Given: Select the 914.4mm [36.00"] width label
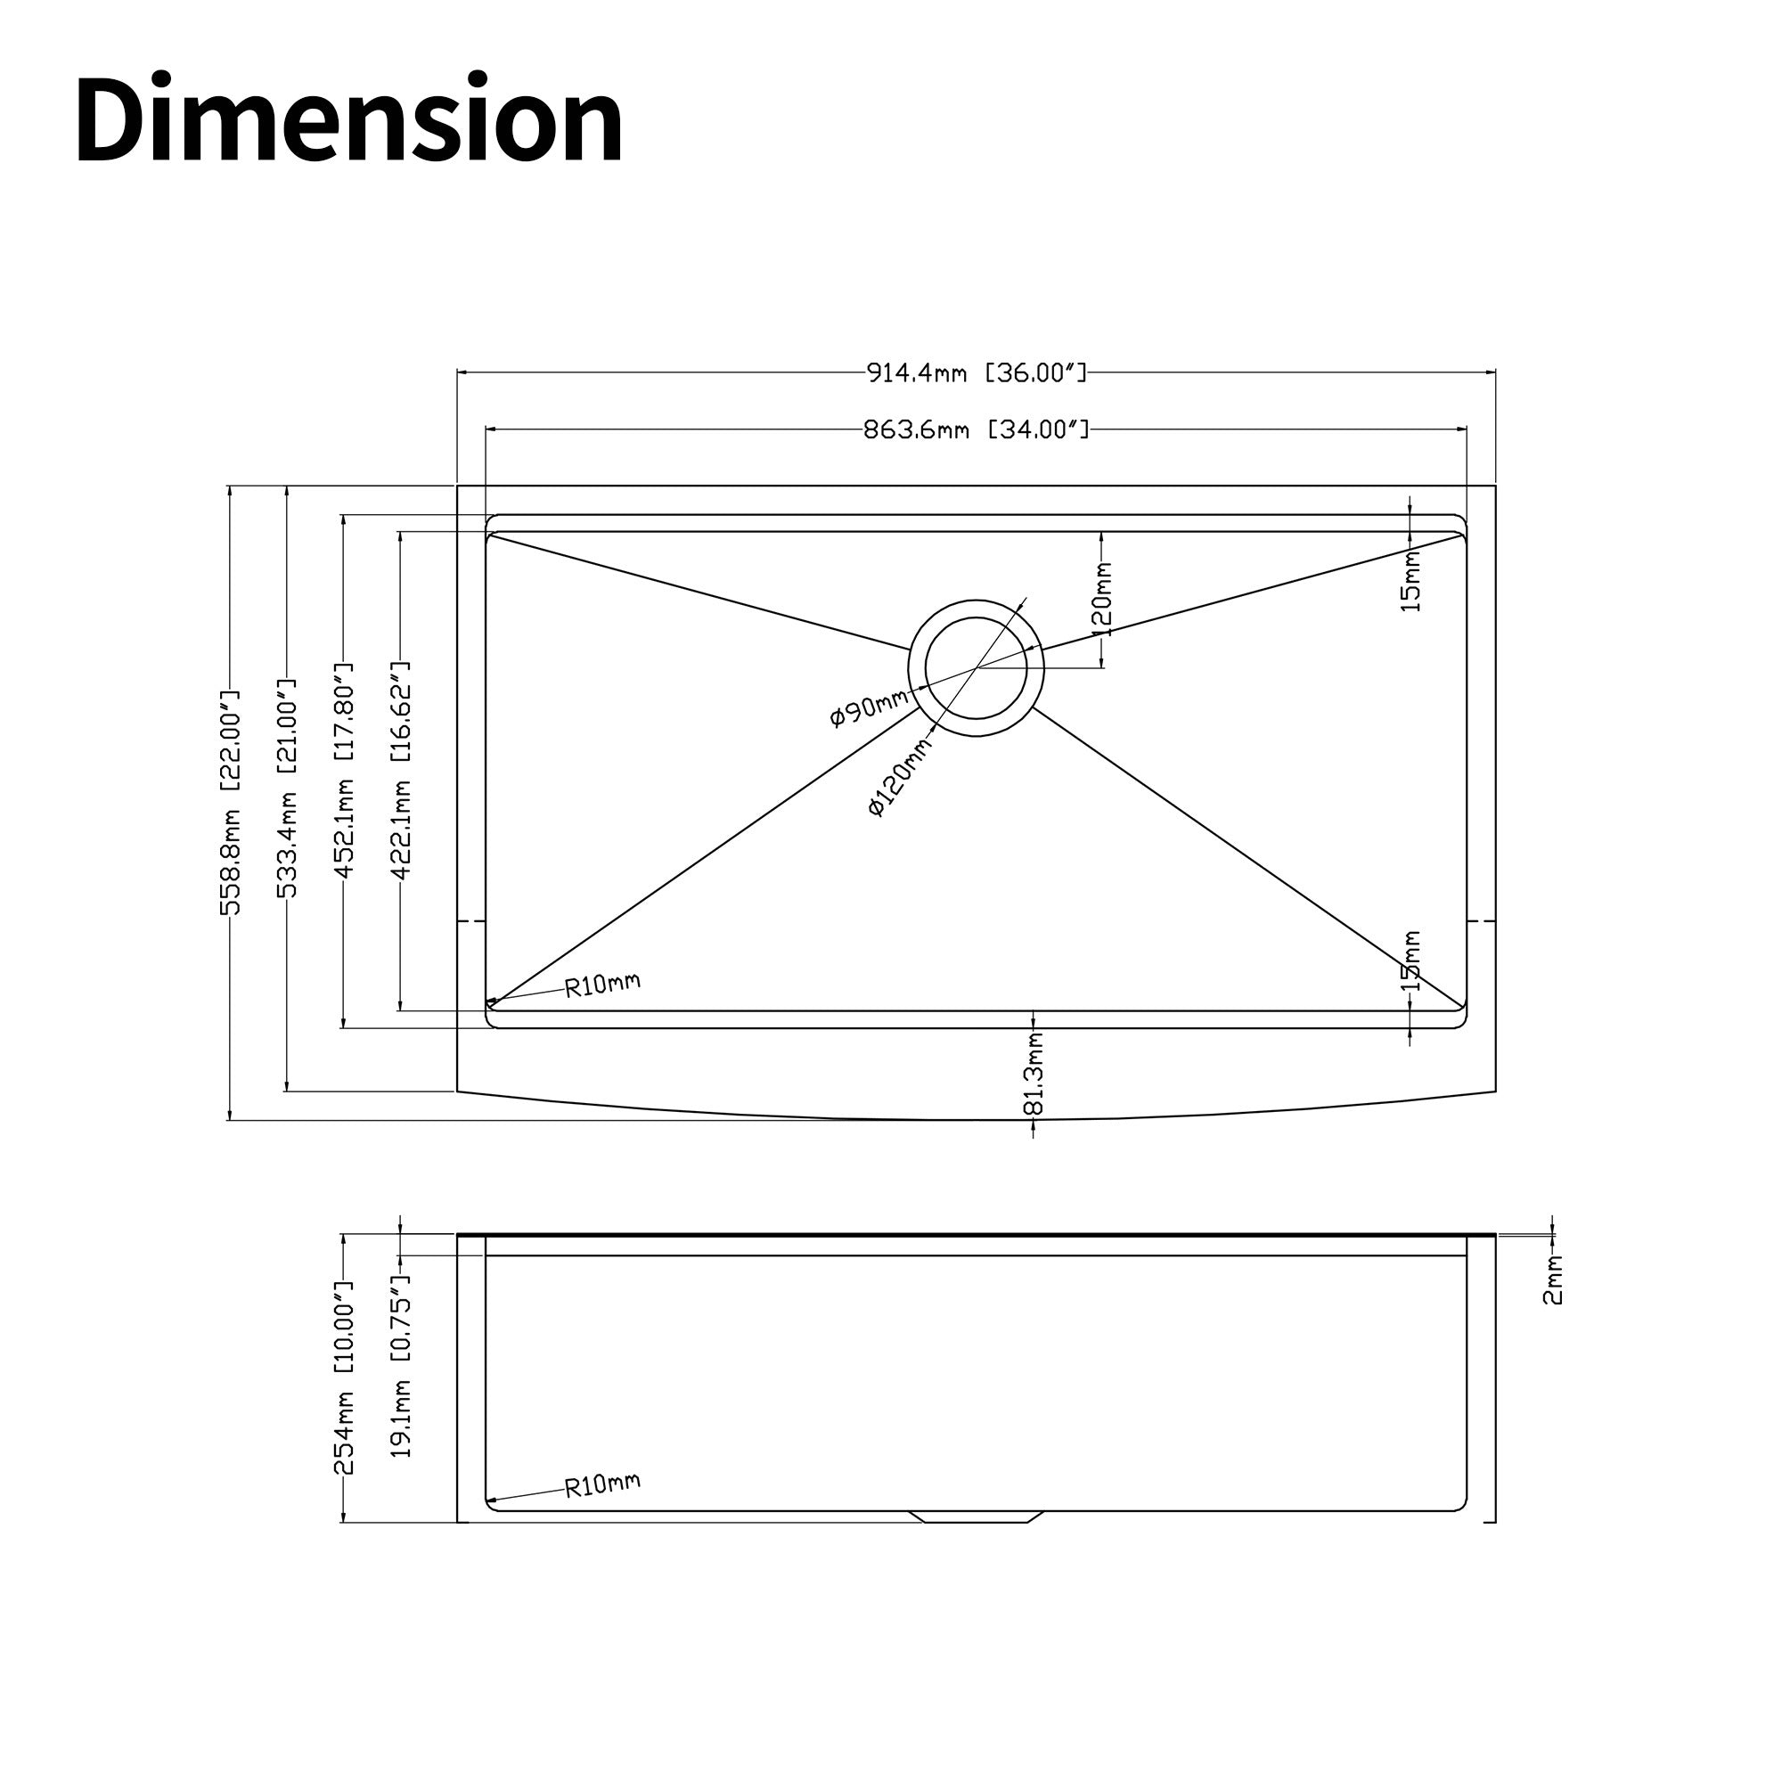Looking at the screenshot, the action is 977,372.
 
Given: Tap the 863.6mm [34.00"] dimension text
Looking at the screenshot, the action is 977,429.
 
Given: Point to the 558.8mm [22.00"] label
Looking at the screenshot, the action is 230,802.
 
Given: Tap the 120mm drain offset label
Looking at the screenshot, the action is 1102,599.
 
